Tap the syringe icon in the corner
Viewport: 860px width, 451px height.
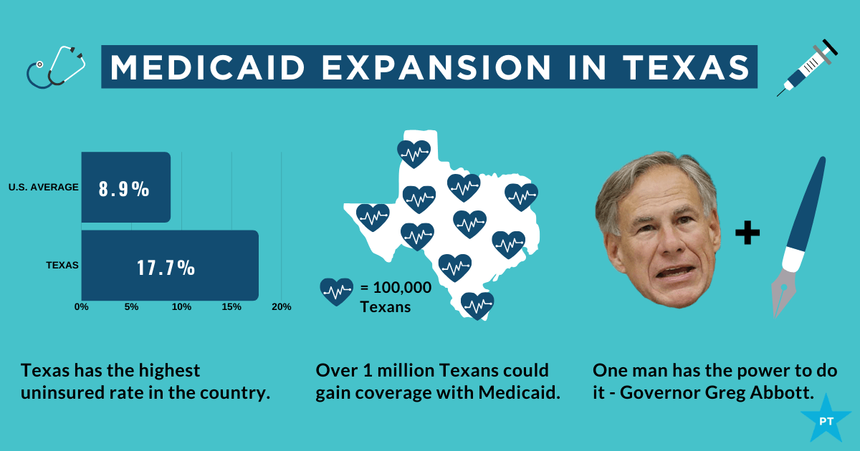[807, 68]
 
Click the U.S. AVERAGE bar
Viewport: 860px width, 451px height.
[125, 188]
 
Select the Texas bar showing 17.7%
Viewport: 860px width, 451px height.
[170, 266]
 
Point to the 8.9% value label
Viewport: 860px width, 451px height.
[124, 190]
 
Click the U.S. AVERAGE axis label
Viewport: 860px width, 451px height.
[43, 188]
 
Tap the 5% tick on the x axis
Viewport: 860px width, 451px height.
[131, 307]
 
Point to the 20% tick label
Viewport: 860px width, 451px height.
[281, 307]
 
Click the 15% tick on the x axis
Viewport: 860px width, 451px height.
[231, 307]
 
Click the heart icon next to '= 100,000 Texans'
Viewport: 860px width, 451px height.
[336, 291]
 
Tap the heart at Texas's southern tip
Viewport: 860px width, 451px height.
[477, 306]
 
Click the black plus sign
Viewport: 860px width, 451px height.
[747, 233]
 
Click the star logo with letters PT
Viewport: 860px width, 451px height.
[826, 420]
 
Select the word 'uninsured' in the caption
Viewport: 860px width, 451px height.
[58, 393]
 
